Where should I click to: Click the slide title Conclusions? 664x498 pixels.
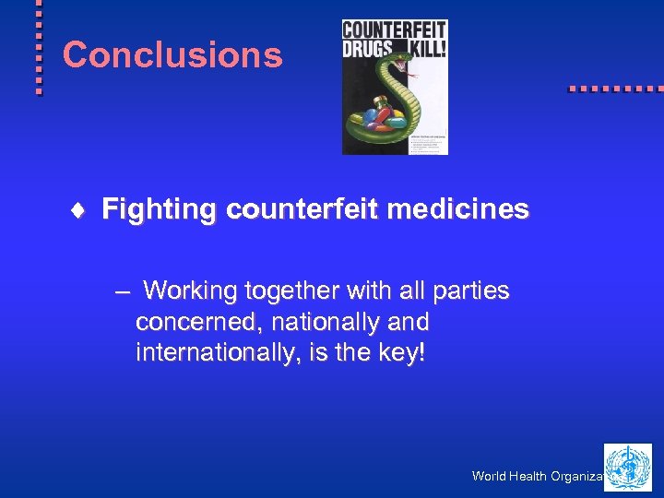172,55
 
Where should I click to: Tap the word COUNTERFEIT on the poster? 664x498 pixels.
395,29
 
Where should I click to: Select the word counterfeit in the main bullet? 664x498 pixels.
302,210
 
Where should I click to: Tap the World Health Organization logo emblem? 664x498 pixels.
627,467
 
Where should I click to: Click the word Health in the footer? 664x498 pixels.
529,477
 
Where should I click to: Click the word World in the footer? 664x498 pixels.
489,477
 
